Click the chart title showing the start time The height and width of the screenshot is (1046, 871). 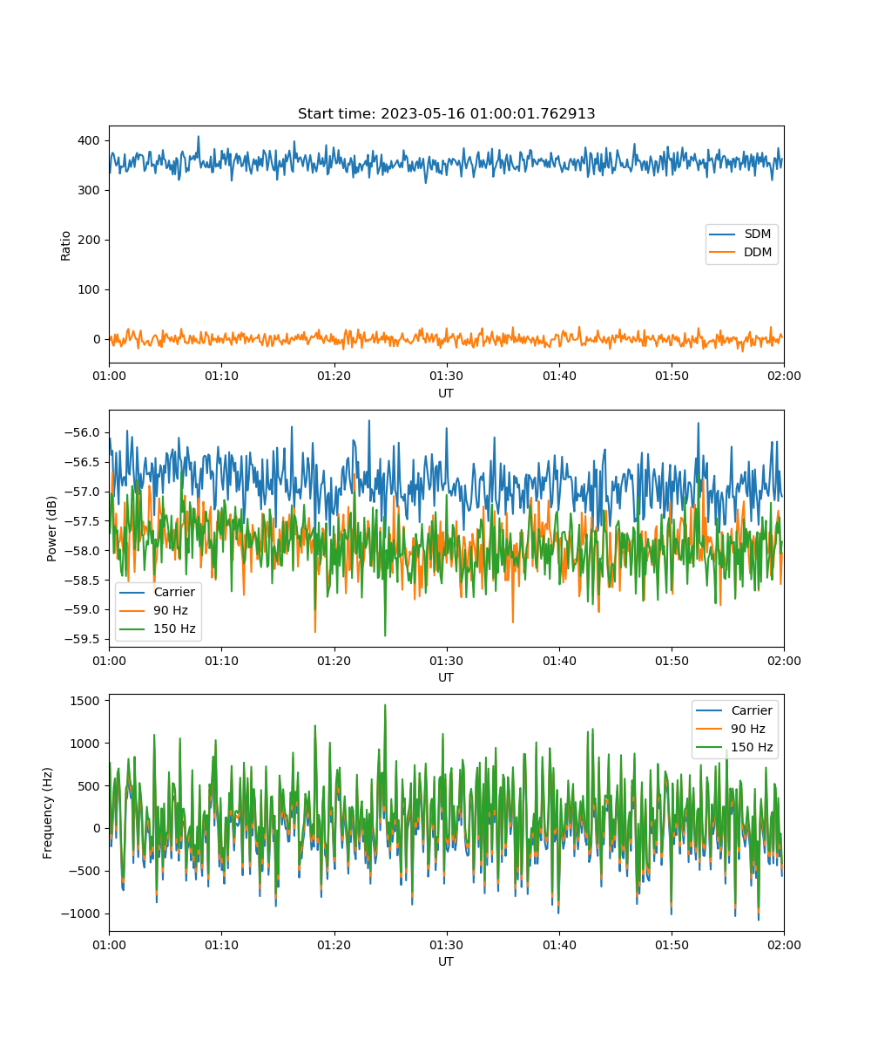[x=446, y=113]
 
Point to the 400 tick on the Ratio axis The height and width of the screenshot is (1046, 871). [x=89, y=140]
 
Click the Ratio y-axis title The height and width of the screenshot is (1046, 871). [x=65, y=246]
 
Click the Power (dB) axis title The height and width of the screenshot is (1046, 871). [x=51, y=529]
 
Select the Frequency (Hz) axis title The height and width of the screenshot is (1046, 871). [x=48, y=812]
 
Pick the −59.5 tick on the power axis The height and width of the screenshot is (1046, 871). [x=82, y=639]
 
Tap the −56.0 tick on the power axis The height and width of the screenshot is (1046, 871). [x=82, y=433]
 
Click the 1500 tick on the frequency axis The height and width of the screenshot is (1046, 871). [x=85, y=702]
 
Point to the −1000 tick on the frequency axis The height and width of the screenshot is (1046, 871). [x=81, y=914]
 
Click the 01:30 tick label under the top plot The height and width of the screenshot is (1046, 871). [x=447, y=377]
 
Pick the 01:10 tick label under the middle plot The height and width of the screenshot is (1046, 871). [x=222, y=661]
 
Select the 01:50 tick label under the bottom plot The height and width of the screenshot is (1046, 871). [x=672, y=945]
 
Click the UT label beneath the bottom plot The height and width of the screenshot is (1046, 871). [x=446, y=961]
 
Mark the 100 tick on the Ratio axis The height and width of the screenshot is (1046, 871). [x=89, y=289]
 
